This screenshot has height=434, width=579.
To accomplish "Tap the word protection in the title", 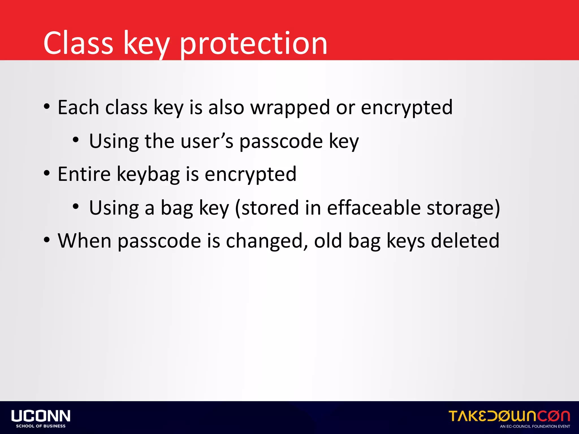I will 253,44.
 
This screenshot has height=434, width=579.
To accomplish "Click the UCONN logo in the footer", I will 41,416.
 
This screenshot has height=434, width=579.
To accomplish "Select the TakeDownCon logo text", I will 509,416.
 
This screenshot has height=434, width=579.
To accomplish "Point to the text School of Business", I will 41,426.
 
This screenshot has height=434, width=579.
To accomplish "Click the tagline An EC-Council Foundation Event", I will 535,426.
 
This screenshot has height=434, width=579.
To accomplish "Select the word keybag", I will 148,174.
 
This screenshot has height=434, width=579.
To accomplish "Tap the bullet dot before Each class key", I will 47,107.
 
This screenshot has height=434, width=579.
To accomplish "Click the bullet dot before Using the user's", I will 75,140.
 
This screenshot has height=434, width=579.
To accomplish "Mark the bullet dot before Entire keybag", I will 47,173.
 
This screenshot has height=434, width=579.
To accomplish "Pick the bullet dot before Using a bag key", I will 75,207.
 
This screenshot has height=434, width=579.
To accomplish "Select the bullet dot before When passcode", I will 47,240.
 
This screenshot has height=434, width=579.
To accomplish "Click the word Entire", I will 84,174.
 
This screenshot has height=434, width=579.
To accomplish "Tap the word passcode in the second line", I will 281,141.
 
